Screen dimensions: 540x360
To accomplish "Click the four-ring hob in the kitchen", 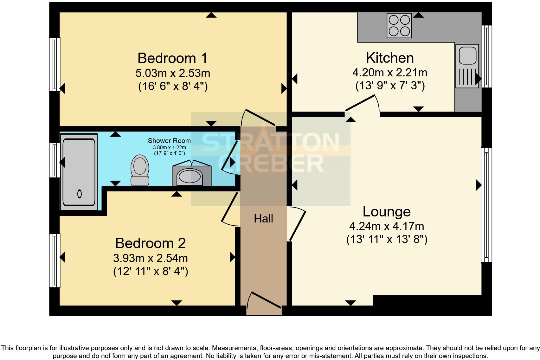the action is pyautogui.click(x=399, y=26).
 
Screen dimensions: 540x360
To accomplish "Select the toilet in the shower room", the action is pyautogui.click(x=140, y=170).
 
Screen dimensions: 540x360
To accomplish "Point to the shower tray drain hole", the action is pyautogui.click(x=79, y=194).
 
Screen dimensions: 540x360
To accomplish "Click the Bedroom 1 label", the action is pyautogui.click(x=172, y=58).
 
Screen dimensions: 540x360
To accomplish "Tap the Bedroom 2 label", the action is pyautogui.click(x=151, y=243).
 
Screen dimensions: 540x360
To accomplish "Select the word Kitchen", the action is pyautogui.click(x=390, y=58).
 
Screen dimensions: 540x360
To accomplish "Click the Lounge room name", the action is pyautogui.click(x=387, y=212).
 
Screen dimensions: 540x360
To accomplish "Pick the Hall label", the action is pyautogui.click(x=263, y=219).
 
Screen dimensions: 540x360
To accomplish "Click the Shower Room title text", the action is pyautogui.click(x=169, y=141).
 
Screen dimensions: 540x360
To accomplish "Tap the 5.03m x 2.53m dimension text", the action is pyautogui.click(x=173, y=73).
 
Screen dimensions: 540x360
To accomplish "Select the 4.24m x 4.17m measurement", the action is pyautogui.click(x=387, y=226).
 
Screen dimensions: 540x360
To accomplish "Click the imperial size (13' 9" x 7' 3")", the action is pyautogui.click(x=390, y=86).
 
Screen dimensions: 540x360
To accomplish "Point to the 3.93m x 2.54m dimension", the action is pyautogui.click(x=151, y=258).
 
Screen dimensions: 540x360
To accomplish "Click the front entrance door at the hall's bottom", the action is pyautogui.click(x=264, y=303).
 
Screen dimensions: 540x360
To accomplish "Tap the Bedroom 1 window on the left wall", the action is pyautogui.click(x=55, y=64).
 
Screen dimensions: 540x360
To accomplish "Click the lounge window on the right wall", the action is pyautogui.click(x=486, y=205).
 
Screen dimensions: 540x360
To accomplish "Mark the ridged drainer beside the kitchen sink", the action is pyautogui.click(x=467, y=77).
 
